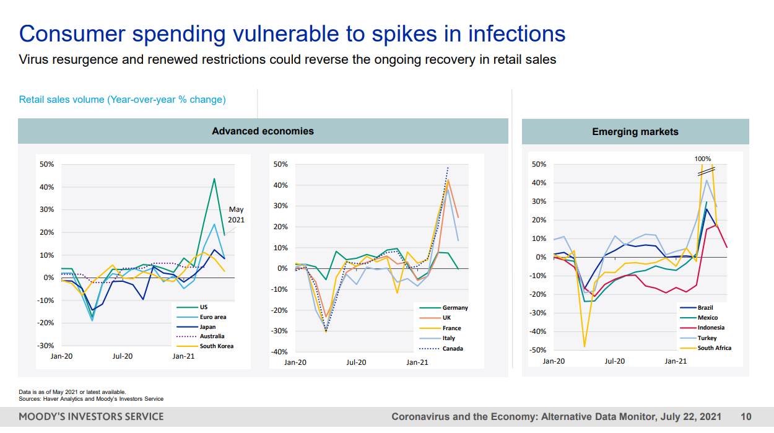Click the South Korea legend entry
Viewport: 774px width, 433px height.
[x=216, y=346]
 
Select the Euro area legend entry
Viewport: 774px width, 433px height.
[x=212, y=317]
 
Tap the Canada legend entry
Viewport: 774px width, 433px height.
[x=452, y=348]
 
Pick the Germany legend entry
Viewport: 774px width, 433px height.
[x=455, y=308]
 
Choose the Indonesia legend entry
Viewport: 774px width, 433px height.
[x=710, y=328]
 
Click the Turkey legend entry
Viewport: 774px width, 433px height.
[x=707, y=338]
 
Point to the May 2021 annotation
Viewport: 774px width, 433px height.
[x=236, y=214]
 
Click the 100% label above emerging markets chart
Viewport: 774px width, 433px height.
[x=702, y=159]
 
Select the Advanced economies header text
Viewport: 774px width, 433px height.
[x=263, y=131]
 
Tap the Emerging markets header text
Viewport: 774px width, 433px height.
[x=635, y=132]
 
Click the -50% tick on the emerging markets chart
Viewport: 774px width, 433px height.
[x=539, y=350]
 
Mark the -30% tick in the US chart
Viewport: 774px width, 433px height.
[x=47, y=345]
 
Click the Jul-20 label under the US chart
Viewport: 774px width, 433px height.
[x=122, y=356]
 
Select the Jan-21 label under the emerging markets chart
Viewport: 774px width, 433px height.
[x=676, y=361]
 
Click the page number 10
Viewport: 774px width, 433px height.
[x=746, y=417]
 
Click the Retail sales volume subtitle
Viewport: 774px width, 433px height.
[x=122, y=99]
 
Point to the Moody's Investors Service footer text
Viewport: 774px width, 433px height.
[x=91, y=417]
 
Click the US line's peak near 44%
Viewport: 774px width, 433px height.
[x=214, y=178]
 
